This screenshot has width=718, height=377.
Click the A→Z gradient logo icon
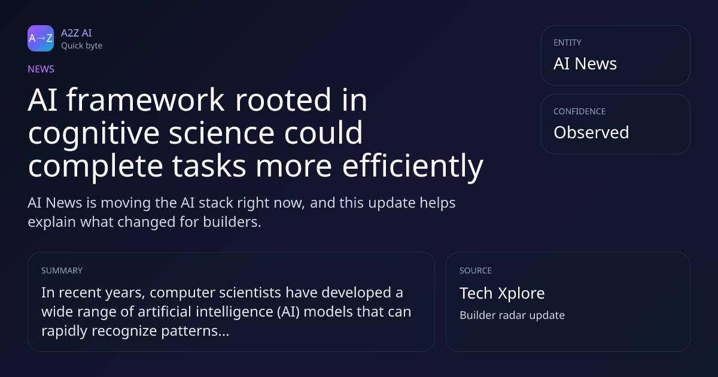coord(41,38)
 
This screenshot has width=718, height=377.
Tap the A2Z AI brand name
coord(77,33)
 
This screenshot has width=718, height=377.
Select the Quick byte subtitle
coord(82,46)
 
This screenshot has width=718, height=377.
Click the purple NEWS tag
coord(41,69)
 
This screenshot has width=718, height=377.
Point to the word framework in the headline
coord(145,100)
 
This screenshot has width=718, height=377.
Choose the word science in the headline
coord(221,133)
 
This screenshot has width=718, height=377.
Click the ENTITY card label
coord(567,42)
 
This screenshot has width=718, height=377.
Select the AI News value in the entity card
coord(585,63)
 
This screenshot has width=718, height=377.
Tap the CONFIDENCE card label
coord(580,111)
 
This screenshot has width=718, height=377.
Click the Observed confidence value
coord(591,132)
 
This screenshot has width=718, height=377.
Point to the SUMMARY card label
coord(62,270)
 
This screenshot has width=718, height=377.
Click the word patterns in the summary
coord(195,331)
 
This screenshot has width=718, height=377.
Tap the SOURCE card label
coord(476,270)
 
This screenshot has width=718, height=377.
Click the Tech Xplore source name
coord(502,293)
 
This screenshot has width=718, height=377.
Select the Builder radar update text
coord(512,315)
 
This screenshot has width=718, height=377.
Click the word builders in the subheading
coord(232,222)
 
